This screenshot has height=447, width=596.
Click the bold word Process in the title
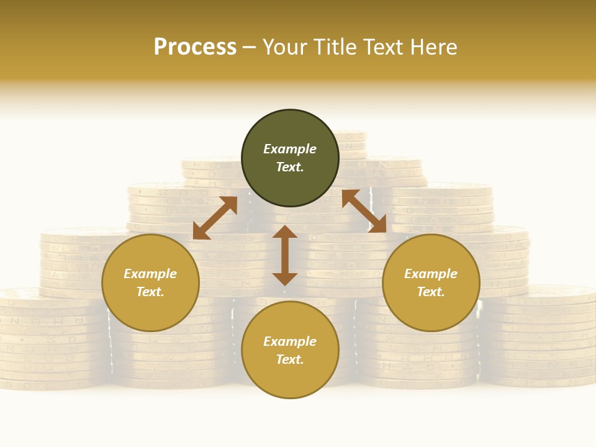(x=195, y=47)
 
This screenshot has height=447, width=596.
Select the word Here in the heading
(x=433, y=47)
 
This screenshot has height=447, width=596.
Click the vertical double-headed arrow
(x=285, y=255)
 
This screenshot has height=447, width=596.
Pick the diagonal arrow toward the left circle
(x=215, y=218)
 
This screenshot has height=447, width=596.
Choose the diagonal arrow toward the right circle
(x=364, y=211)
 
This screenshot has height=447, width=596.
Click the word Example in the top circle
(x=290, y=149)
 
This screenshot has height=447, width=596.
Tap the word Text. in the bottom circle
(x=290, y=359)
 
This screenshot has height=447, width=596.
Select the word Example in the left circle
(x=150, y=274)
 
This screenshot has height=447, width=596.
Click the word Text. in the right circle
(x=431, y=292)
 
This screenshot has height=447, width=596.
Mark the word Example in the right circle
(x=431, y=274)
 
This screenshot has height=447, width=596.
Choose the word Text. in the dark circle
(x=290, y=167)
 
